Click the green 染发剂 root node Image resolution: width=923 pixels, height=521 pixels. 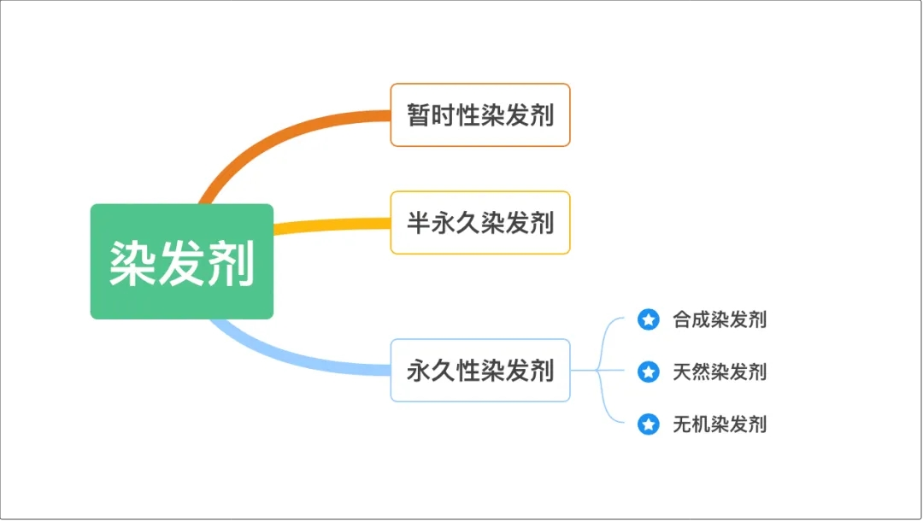point(181,261)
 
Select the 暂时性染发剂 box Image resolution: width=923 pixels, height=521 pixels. point(479,114)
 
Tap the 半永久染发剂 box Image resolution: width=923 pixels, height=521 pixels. point(479,223)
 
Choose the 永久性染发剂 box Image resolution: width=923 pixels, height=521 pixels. point(479,371)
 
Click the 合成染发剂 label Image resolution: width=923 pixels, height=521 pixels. point(719,320)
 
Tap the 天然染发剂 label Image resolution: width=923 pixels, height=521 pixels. point(719,372)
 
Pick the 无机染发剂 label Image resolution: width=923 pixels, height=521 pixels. point(719,424)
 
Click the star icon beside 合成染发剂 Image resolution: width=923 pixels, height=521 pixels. point(649,320)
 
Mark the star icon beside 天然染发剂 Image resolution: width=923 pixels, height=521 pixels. point(649,372)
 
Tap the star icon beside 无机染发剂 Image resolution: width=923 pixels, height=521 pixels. point(649,424)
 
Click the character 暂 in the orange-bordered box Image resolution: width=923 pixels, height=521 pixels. point(419,114)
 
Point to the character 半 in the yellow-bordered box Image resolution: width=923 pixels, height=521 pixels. point(418,223)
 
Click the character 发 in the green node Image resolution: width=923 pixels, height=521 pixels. point(181,262)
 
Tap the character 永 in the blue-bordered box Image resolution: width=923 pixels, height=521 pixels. point(418,371)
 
